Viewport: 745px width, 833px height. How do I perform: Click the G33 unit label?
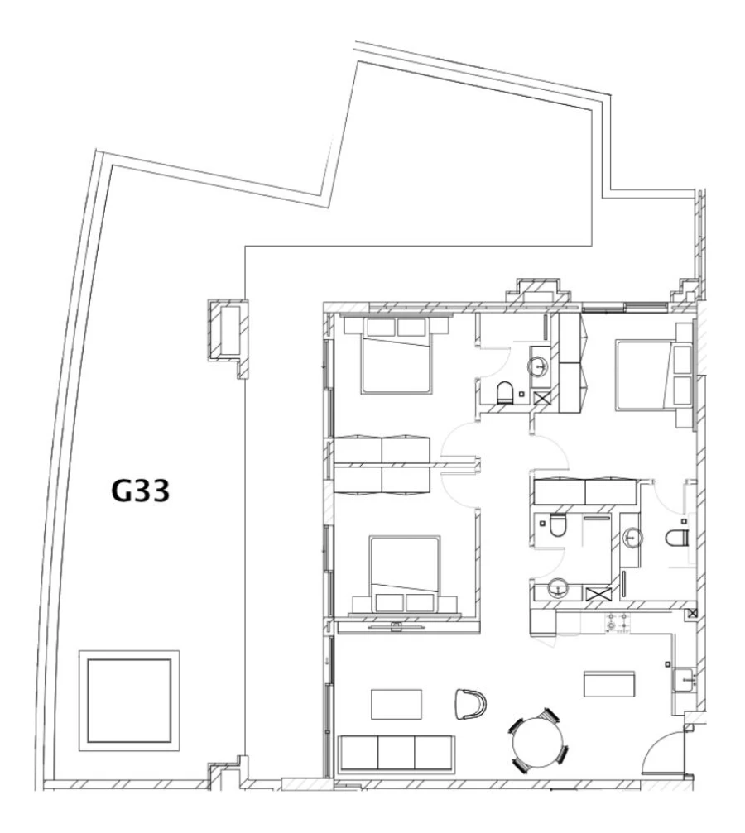pyautogui.click(x=141, y=492)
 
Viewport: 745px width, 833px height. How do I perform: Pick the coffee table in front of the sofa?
pyautogui.click(x=396, y=705)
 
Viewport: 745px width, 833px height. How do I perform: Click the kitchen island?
pyautogui.click(x=610, y=684)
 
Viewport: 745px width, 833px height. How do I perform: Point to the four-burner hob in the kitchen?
pyautogui.click(x=618, y=621)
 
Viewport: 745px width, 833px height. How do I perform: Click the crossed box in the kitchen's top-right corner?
pyautogui.click(x=692, y=613)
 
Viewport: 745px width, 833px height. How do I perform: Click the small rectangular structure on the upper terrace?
pyautogui.click(x=227, y=331)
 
